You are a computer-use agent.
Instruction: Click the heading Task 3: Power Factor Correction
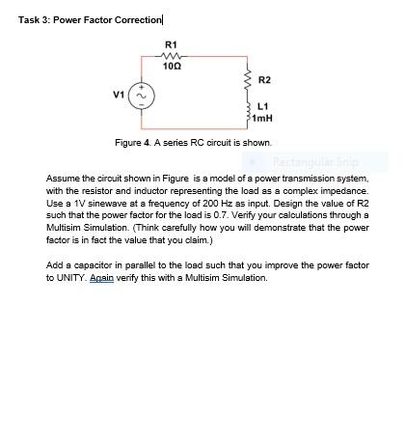[91, 19]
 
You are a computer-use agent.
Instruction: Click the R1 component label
[171, 44]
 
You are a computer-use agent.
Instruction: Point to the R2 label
[265, 80]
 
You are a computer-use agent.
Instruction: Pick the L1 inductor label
[263, 106]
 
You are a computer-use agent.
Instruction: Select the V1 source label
[118, 95]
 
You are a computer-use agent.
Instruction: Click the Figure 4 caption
[193, 142]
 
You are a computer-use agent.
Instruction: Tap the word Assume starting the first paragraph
[63, 180]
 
